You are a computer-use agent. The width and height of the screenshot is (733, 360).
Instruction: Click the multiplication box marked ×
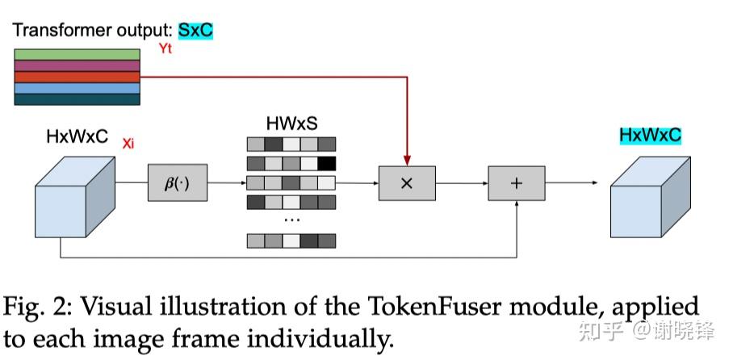click(407, 183)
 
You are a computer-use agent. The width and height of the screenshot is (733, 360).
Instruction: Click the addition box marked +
click(516, 183)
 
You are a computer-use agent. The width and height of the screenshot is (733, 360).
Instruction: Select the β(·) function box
click(176, 182)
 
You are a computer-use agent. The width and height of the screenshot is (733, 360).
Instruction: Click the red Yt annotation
click(165, 49)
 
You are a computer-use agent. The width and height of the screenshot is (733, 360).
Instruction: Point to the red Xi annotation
click(128, 144)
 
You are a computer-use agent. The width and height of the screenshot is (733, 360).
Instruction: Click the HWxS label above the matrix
click(291, 123)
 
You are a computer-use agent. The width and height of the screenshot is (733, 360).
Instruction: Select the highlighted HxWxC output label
click(650, 135)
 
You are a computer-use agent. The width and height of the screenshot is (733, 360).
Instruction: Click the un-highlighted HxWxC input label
click(77, 137)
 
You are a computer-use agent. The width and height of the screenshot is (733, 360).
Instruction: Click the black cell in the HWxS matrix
click(326, 163)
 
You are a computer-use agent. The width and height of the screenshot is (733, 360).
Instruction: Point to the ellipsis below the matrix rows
click(291, 220)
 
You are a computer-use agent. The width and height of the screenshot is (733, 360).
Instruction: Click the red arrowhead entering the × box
click(407, 160)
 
